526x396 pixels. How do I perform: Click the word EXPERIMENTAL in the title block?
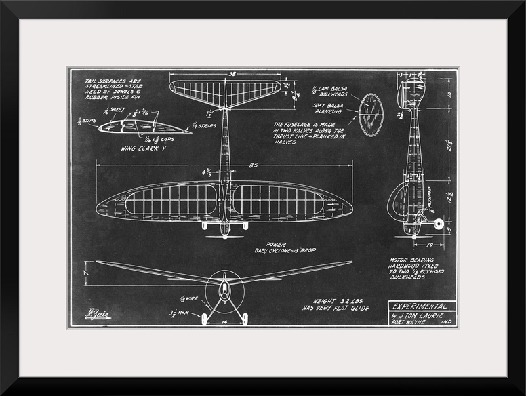tap(420, 306)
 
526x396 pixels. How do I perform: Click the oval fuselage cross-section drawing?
tap(371, 115)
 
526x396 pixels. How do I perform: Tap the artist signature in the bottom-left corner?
tap(97, 314)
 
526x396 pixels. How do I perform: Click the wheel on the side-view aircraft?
tap(437, 224)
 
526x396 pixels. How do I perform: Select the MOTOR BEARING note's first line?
tap(415, 260)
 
